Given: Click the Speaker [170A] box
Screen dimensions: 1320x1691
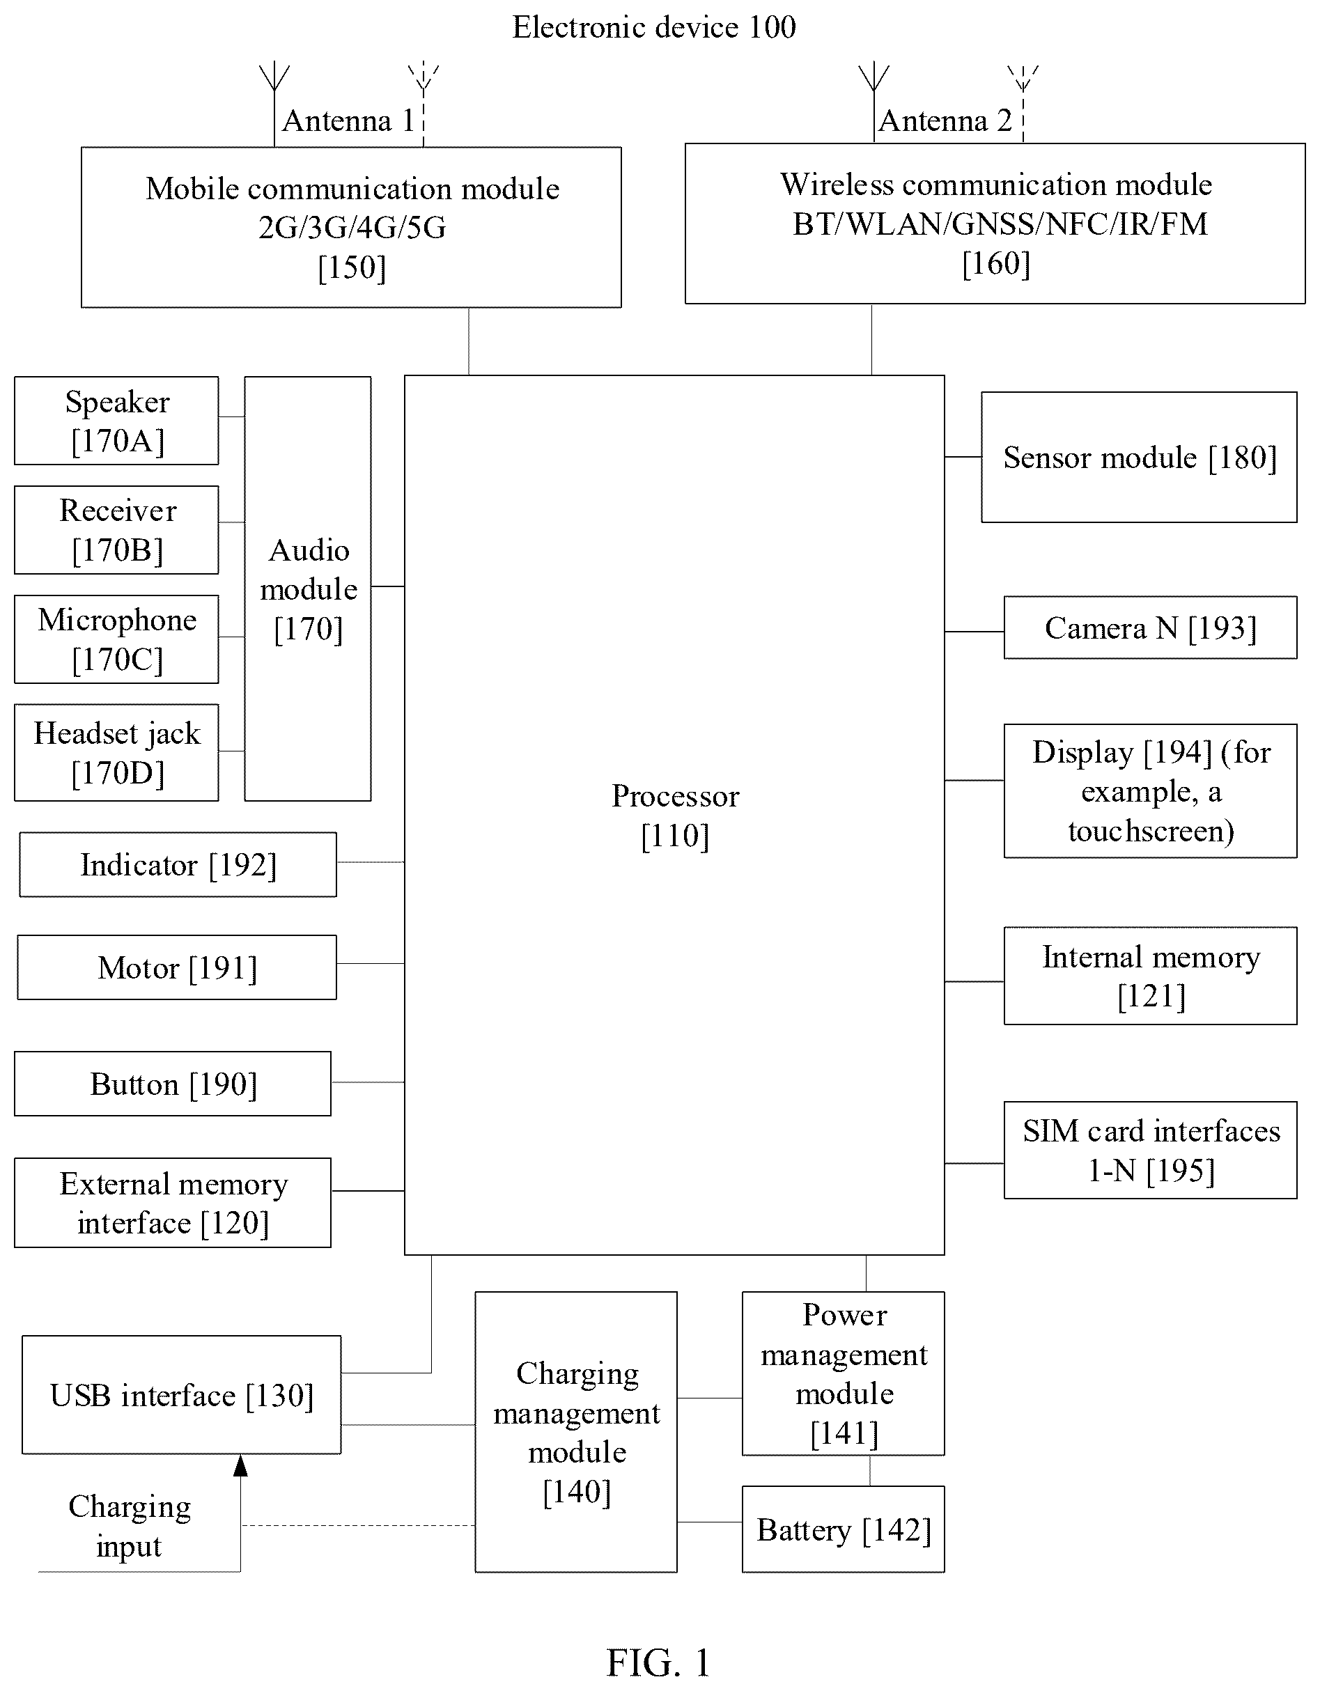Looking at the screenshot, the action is coord(116,421).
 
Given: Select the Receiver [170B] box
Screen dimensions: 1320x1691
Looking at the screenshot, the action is coord(116,529).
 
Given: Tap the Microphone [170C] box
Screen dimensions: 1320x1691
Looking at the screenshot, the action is coord(116,639).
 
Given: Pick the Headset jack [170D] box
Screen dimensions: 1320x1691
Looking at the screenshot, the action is coord(116,751).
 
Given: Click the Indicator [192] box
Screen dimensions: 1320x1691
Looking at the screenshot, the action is coord(178,864).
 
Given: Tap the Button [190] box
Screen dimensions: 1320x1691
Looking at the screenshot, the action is coord(173,1083).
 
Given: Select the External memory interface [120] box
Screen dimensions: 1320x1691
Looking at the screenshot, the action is coord(173,1203).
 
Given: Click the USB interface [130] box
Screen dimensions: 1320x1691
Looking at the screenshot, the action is coord(182,1394).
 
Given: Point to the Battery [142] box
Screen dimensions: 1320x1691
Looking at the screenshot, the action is coord(843,1529).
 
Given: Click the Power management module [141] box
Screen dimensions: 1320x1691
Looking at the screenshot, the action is coord(843,1373).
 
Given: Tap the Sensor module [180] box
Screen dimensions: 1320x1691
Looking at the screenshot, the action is coord(1139,457).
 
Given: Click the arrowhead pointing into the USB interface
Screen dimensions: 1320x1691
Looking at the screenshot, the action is coord(241,1465).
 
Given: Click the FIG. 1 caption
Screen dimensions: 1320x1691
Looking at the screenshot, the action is coord(659,1662).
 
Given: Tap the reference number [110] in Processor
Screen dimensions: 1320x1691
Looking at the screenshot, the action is coord(675,836).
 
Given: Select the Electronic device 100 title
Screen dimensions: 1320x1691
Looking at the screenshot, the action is coord(654,27).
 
